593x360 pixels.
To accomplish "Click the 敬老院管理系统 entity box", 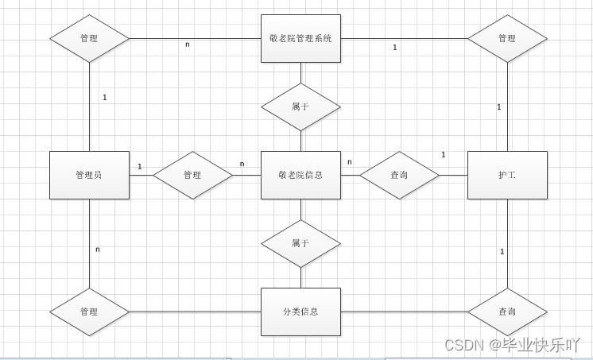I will tap(300, 38).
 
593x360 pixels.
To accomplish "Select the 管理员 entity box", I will tap(89, 175).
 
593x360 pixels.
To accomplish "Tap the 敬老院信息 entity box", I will tap(300, 175).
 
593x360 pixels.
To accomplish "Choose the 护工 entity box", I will tap(507, 175).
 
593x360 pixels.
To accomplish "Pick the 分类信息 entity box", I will tap(300, 312).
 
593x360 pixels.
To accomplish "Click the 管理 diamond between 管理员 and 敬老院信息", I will tap(192, 175).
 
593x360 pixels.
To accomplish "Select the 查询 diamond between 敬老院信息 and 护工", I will tap(399, 175).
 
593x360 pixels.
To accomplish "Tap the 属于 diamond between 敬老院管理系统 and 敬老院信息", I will tap(300, 106).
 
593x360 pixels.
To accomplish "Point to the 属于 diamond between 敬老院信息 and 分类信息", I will tap(300, 243).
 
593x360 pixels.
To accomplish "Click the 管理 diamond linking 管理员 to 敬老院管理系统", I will tap(89, 38).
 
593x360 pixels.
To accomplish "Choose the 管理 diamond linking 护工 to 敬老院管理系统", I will tap(507, 38).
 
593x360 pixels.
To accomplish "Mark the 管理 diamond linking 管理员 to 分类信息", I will tap(89, 312).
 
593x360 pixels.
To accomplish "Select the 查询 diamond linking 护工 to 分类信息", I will tap(507, 312).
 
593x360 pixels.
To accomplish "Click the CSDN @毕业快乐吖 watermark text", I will tap(512, 345).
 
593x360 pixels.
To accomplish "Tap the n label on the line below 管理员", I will tap(98, 250).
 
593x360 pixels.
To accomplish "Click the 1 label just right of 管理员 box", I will tap(139, 167).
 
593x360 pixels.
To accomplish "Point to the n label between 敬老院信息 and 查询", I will tap(349, 162).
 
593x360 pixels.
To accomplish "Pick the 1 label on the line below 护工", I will tap(502, 252).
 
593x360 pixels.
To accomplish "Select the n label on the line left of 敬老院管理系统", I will tap(188, 45).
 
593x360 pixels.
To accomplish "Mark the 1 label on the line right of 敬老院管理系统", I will tap(395, 48).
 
